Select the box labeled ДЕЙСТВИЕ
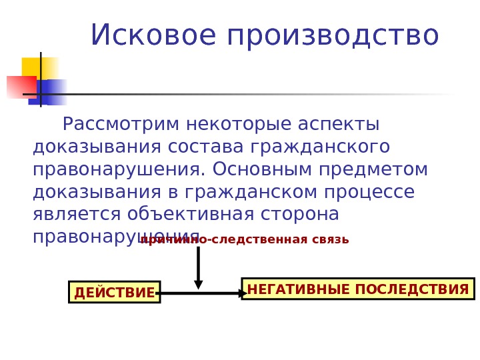point(114,292)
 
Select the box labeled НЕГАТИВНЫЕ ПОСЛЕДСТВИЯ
point(358,289)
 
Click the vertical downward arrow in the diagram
point(198,267)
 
